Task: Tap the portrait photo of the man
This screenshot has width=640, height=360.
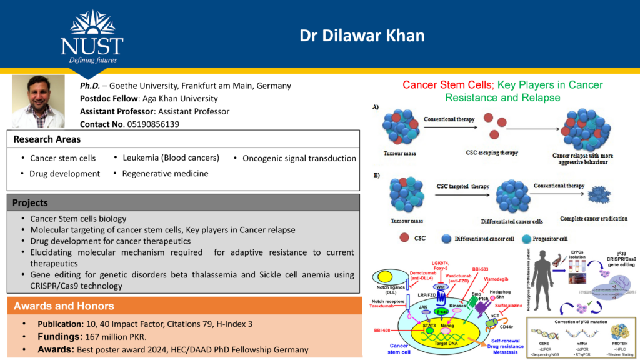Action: [x=39, y=102]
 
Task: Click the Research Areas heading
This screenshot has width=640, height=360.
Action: [x=45, y=139]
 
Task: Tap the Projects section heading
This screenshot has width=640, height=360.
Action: [x=30, y=202]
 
